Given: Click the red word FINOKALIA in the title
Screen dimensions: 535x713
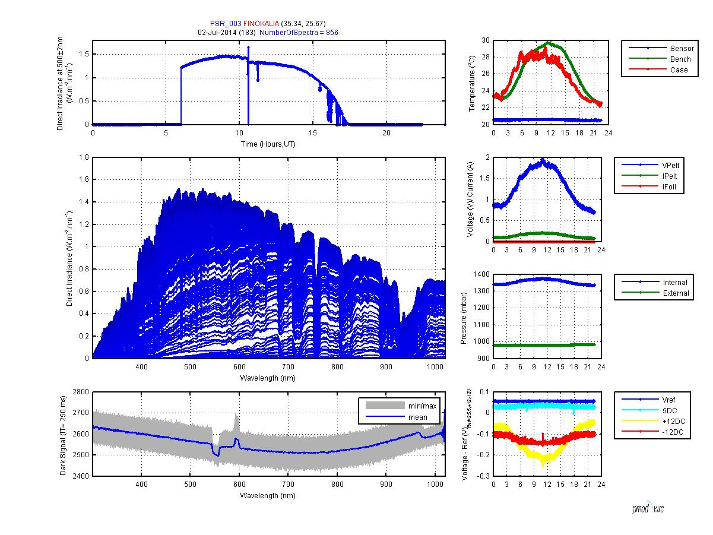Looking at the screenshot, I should pyautogui.click(x=261, y=24).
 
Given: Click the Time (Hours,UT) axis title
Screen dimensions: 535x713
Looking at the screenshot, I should pyautogui.click(x=268, y=144).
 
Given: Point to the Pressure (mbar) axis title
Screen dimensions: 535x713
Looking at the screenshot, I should pyautogui.click(x=464, y=316).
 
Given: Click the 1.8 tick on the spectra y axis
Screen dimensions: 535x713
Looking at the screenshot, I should pyautogui.click(x=84, y=157).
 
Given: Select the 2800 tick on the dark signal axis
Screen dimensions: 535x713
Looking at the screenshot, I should pyautogui.click(x=81, y=392).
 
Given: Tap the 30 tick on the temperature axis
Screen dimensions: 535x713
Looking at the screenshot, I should pyautogui.click(x=485, y=40).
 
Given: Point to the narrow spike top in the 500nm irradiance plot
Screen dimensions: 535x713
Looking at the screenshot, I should pyautogui.click(x=248, y=47).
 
